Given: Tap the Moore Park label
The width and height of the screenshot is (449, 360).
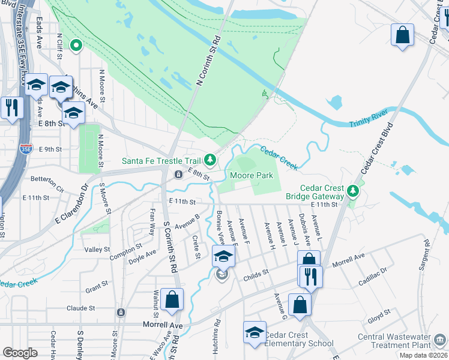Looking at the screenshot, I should (x=252, y=175).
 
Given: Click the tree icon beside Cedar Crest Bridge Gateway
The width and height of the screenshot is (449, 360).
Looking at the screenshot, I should (x=354, y=192).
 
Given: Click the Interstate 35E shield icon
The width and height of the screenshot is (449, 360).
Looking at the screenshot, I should (x=25, y=148).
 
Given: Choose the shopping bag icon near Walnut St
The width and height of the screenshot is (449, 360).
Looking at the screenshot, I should (x=172, y=299).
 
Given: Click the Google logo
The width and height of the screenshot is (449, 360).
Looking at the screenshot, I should (x=20, y=352).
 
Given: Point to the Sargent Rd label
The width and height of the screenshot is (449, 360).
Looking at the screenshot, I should (x=427, y=251).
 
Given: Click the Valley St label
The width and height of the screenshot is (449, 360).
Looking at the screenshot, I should (x=97, y=250).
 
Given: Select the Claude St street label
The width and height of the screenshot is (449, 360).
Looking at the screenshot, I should (x=81, y=308).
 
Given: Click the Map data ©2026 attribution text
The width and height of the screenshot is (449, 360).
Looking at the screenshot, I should (x=423, y=355).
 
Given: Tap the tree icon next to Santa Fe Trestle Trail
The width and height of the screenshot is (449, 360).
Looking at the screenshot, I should (x=210, y=159).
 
